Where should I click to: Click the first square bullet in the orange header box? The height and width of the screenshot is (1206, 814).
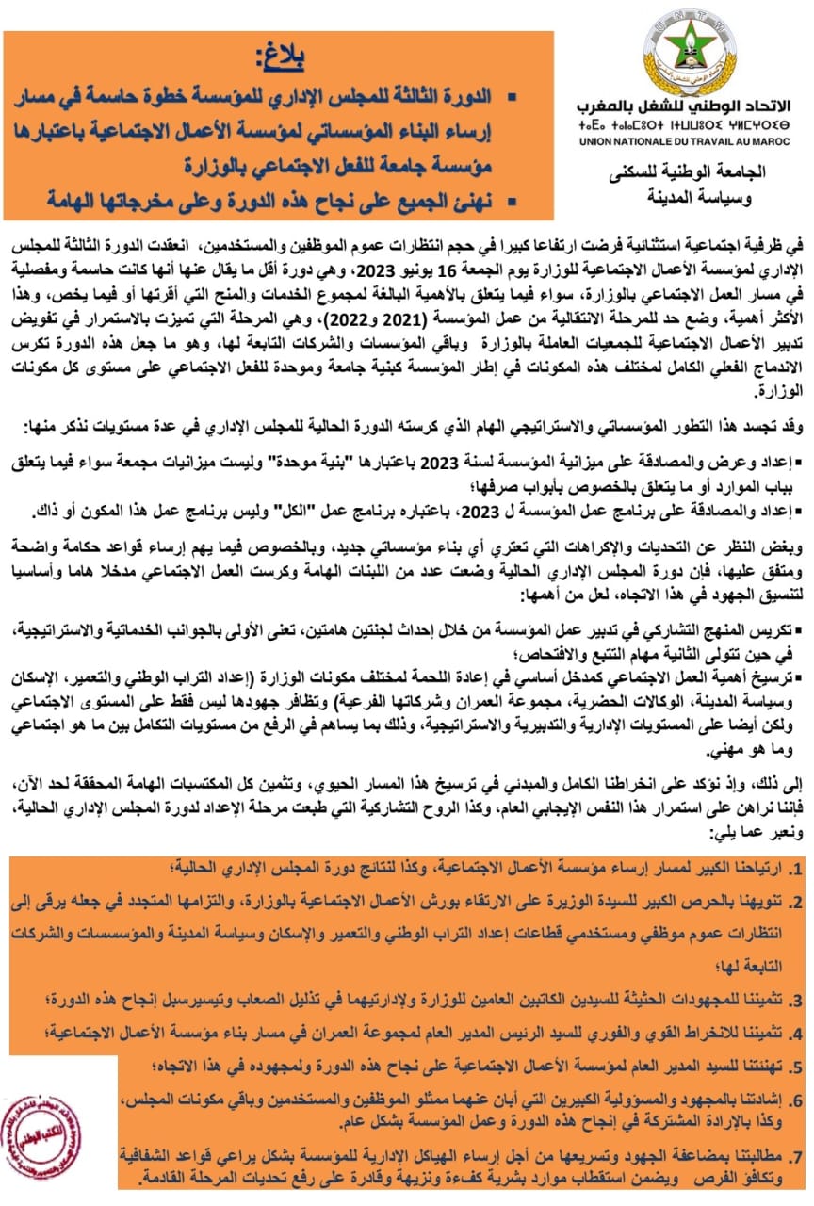point(513,98)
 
